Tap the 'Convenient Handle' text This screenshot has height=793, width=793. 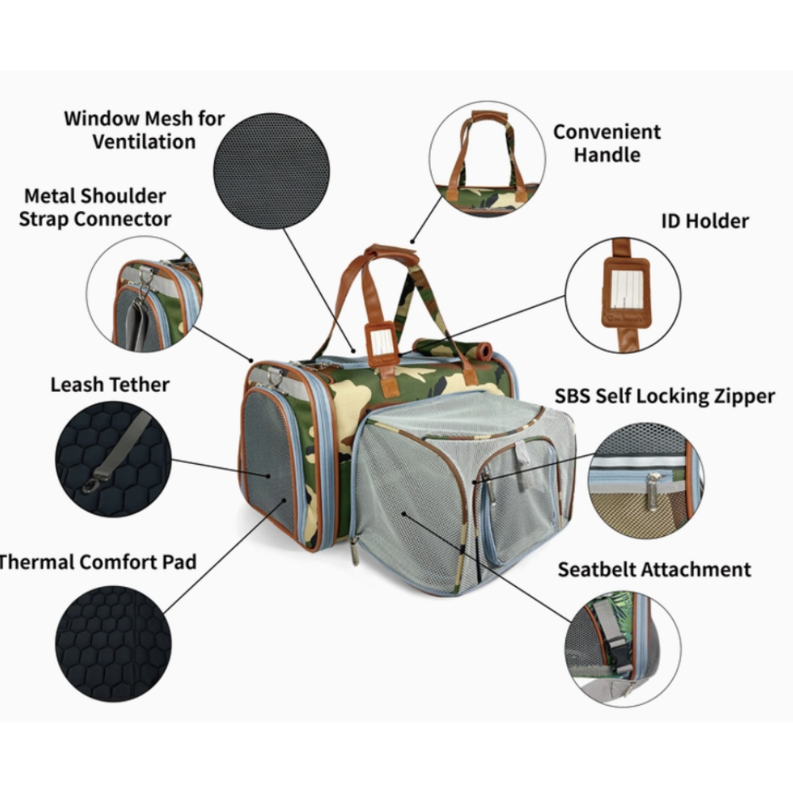click(607, 143)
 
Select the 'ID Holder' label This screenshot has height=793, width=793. click(705, 220)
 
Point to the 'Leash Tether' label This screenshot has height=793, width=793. click(109, 385)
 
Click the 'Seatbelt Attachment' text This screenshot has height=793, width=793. click(653, 569)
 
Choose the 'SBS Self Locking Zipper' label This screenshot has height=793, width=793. click(665, 396)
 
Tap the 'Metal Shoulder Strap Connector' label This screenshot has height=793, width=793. click(94, 206)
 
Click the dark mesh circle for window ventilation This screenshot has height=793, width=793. click(272, 170)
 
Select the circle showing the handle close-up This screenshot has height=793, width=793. click(487, 158)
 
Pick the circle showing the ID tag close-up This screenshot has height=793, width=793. click(623, 296)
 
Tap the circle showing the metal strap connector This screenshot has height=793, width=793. click(144, 293)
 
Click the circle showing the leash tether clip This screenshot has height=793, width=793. click(113, 459)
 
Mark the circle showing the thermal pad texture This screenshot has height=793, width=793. click(113, 643)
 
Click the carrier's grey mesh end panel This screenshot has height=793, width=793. click(270, 460)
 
